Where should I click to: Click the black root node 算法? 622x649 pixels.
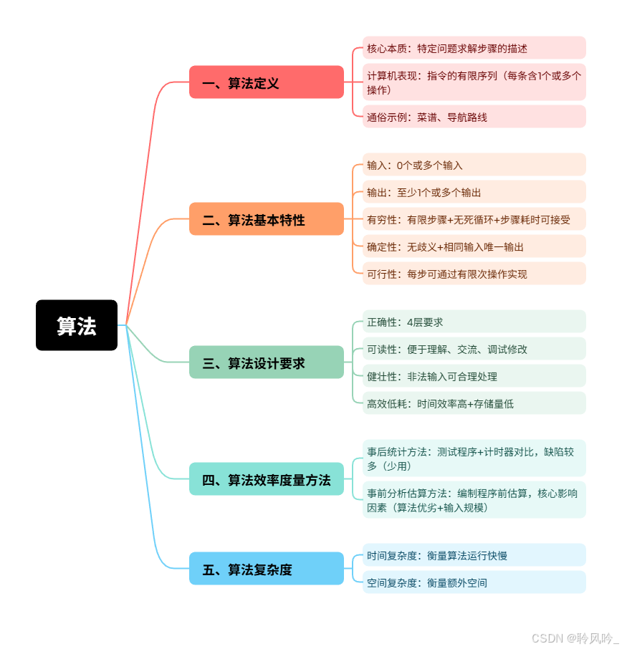(x=77, y=325)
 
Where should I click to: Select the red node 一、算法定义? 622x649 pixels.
(x=267, y=82)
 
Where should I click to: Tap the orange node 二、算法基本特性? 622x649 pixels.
(x=267, y=219)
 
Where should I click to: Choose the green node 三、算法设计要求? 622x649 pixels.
(x=267, y=362)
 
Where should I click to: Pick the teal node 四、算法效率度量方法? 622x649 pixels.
(x=267, y=479)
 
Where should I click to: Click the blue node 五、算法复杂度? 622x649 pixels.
(x=267, y=569)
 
